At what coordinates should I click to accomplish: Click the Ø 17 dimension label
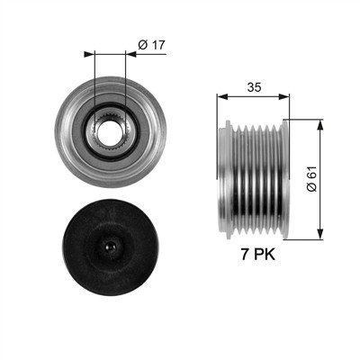pyautogui.click(x=152, y=45)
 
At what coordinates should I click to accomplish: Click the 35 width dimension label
pyautogui.click(x=254, y=87)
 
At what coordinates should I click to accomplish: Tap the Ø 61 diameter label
pyautogui.click(x=311, y=178)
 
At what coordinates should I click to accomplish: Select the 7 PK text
pyautogui.click(x=257, y=255)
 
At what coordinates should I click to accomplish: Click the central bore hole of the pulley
pyautogui.click(x=110, y=133)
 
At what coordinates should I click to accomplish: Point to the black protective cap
pyautogui.click(x=110, y=247)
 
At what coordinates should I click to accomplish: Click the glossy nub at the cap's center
pyautogui.click(x=111, y=247)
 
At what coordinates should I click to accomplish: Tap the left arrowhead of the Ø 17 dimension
pyautogui.click(x=89, y=54)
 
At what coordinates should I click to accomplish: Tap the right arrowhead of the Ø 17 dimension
pyautogui.click(x=130, y=54)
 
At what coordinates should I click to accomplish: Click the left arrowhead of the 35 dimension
pyautogui.click(x=222, y=96)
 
